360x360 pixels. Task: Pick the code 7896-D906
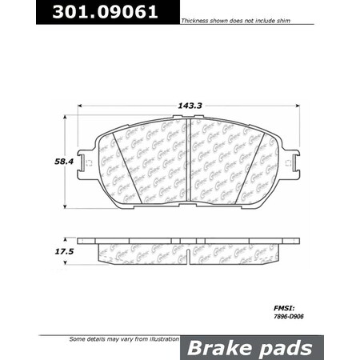pyautogui.click(x=284, y=314)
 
